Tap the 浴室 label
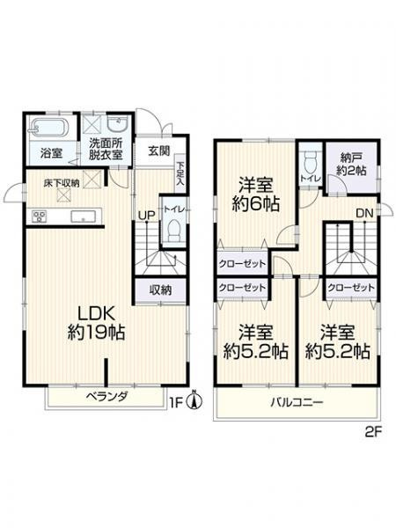tap(51, 153)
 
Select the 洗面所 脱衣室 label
tap(106, 147)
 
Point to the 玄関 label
tap(158, 150)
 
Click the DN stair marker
tap(363, 213)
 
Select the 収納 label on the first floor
tap(159, 290)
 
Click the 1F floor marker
tap(179, 404)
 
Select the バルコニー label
tap(297, 404)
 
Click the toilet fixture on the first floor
tap(173, 231)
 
